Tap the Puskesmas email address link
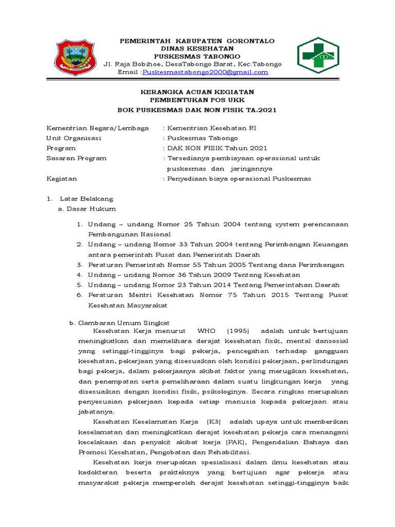(205, 73)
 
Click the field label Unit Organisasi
(74, 138)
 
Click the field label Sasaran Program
(77, 158)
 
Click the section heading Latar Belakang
(86, 199)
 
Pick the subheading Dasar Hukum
(90, 208)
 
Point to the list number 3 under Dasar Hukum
(80, 265)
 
